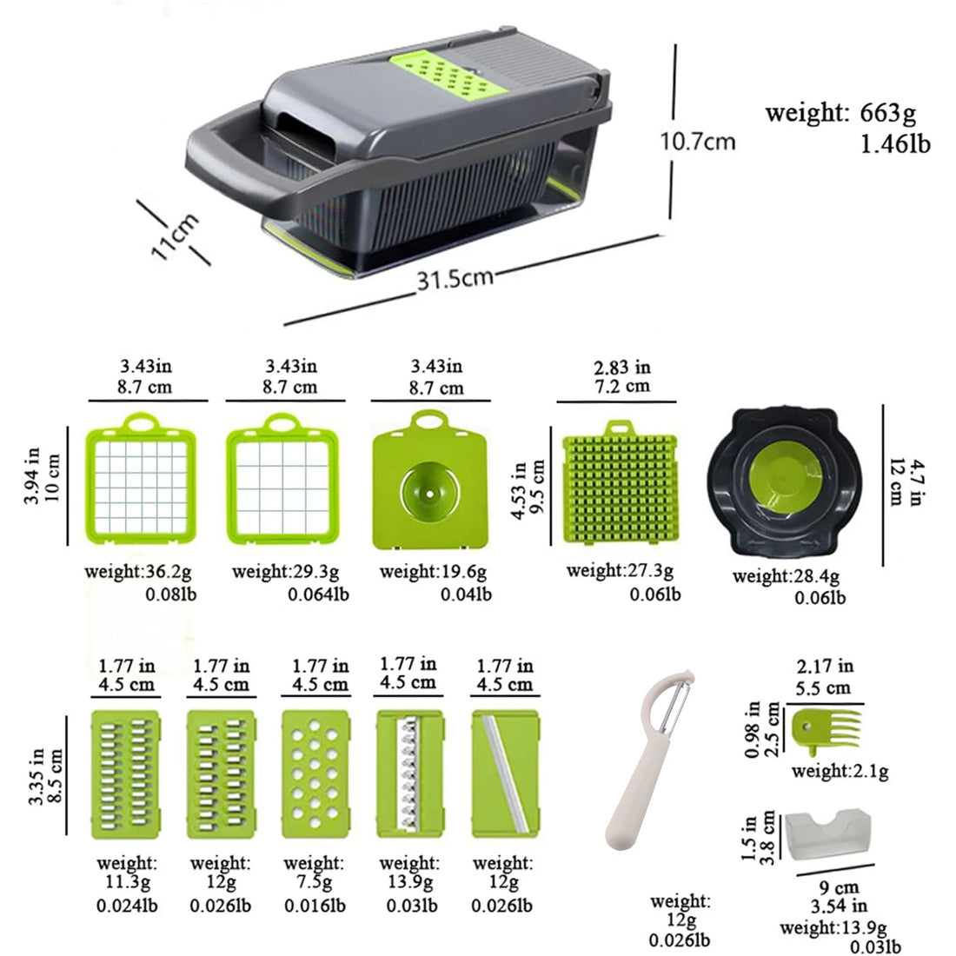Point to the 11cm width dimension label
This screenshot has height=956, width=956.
point(175,236)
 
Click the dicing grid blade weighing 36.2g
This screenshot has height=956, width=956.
point(140,486)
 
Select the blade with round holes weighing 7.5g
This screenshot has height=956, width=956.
point(315,774)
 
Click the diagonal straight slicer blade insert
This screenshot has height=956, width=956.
point(506,774)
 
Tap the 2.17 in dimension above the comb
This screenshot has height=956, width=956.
point(825,667)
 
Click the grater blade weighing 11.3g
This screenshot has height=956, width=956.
point(126,774)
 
